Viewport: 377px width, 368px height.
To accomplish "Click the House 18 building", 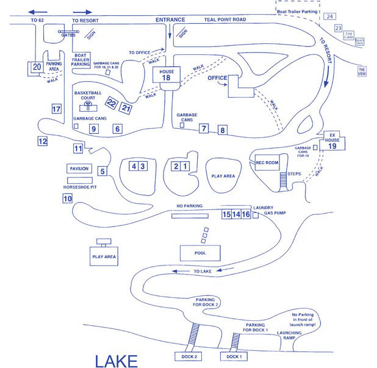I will [165, 74].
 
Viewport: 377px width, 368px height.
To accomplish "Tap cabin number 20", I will [37, 67].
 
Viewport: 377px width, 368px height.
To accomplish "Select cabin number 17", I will [57, 109].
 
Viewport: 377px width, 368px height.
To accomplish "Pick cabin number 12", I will [42, 141].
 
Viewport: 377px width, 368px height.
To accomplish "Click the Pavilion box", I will [79, 168].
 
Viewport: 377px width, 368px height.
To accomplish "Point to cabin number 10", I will [67, 198].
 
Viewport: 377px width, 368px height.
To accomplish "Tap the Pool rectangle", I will [200, 252].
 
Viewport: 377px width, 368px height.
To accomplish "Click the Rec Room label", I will [267, 163].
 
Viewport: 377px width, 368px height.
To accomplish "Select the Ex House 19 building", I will [332, 142].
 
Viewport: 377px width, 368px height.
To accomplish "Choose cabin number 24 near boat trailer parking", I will [329, 16].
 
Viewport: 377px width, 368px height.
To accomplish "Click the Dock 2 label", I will [187, 356].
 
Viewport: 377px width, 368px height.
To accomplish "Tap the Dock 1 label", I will [234, 356].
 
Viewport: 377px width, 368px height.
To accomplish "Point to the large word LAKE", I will [116, 360].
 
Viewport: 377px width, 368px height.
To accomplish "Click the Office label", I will [217, 78].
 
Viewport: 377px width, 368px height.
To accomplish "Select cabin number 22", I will [112, 103].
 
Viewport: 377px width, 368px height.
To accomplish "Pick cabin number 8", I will [223, 130].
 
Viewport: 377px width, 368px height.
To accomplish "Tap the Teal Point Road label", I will [225, 20].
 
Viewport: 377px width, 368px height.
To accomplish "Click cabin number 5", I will [102, 171].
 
